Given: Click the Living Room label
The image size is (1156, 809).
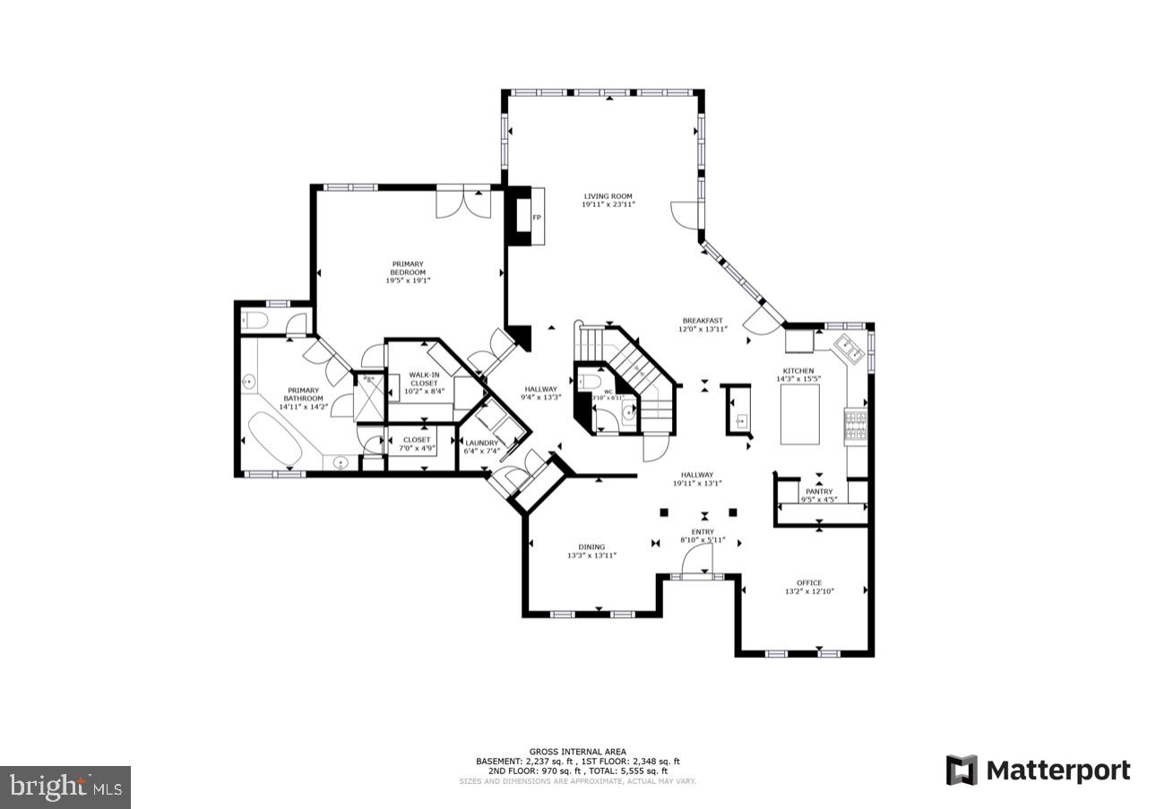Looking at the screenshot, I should (x=608, y=196).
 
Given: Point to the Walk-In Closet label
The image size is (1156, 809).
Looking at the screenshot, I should (x=424, y=379).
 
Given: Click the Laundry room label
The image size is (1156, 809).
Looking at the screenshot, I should (x=481, y=443).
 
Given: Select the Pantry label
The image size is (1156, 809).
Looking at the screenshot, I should (x=819, y=491).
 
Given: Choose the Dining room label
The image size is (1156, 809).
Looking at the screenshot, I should (x=591, y=547).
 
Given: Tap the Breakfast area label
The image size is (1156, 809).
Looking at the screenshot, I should (x=703, y=321).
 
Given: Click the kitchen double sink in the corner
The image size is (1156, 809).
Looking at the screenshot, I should (x=850, y=350).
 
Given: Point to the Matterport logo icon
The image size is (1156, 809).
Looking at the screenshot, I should (x=962, y=770).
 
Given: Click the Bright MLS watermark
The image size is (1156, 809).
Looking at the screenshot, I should (x=65, y=787).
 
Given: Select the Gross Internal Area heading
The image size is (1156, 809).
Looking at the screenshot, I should (x=577, y=752).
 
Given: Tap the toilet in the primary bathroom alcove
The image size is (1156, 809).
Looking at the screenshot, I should (x=254, y=320).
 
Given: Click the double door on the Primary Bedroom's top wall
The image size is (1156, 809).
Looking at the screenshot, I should (x=463, y=202).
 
